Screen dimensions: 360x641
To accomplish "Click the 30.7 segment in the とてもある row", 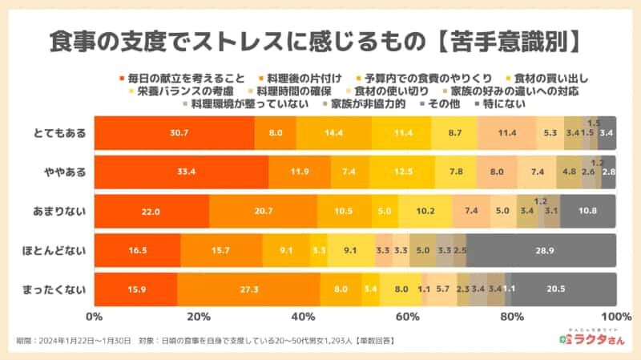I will click(174, 132).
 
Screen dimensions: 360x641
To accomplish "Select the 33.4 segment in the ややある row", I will click(181, 172).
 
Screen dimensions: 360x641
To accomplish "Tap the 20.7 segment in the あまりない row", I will click(263, 211).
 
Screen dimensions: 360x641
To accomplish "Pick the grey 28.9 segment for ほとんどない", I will click(542, 250).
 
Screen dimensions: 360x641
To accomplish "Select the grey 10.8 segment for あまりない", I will click(588, 211).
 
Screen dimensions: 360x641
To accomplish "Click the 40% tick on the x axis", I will click(303, 316).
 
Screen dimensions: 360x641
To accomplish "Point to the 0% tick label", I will click(95, 316).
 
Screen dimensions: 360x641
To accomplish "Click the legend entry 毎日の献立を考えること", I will click(180, 78).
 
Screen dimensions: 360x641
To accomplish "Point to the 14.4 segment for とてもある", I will click(333, 132).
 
